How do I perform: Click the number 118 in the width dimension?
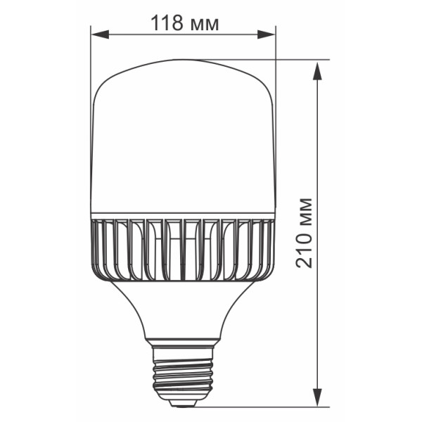coord(167,23)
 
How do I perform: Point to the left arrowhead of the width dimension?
coord(100,34)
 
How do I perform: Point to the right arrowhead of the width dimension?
coord(266,34)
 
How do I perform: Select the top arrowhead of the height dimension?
coord(318,71)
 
